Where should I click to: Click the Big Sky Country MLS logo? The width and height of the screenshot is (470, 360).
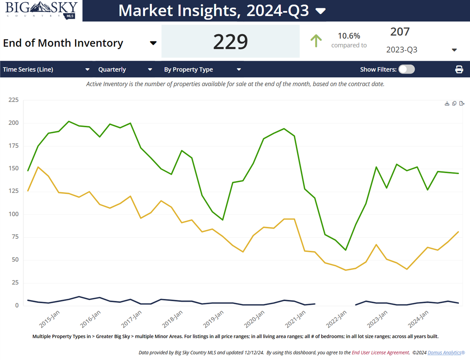coord(41,10)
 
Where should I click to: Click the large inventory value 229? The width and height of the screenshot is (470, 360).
coord(230,41)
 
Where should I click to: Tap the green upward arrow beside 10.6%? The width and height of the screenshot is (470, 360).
coord(316,41)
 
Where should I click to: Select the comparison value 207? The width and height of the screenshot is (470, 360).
coord(400,32)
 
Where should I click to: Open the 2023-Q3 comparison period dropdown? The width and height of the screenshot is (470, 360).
coord(421,50)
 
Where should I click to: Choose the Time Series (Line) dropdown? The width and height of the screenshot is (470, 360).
coord(46,69)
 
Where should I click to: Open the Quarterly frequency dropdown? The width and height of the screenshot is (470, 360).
coord(125,69)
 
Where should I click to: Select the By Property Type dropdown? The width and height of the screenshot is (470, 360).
coord(202,69)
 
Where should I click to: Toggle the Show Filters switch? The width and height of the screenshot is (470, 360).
coord(407,69)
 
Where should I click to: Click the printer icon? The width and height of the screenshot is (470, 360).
coord(459,69)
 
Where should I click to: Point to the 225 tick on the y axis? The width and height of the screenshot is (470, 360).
coord(14,100)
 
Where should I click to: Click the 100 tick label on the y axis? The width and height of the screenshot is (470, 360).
coord(14,214)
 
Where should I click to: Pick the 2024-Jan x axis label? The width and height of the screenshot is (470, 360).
coord(418,319)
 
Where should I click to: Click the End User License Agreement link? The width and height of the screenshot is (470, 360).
coord(380,352)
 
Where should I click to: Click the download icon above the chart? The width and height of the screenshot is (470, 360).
coord(447,103)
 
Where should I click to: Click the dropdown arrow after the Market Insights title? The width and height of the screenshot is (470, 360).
coord(320,11)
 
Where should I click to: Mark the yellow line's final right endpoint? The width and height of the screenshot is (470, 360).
coord(458,232)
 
